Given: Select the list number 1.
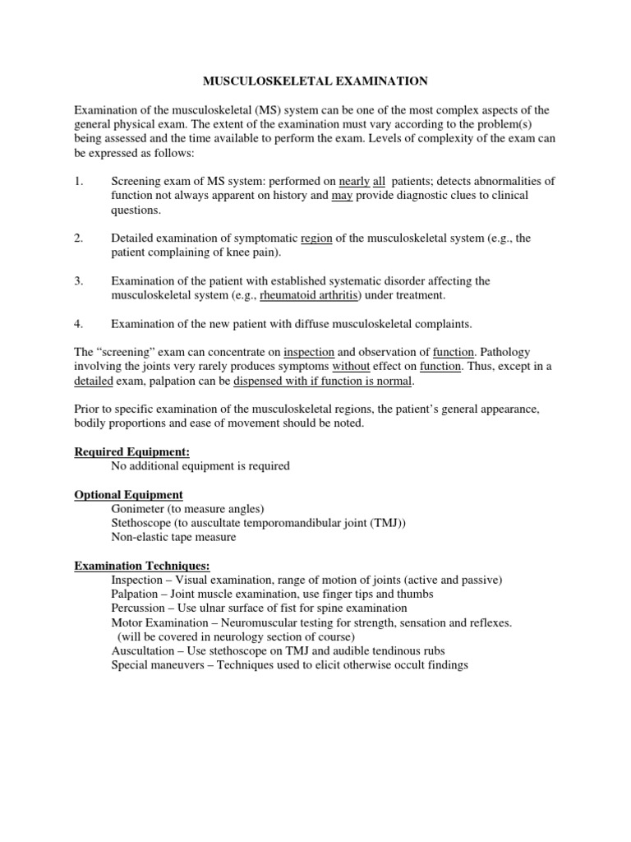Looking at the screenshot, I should click(79, 181).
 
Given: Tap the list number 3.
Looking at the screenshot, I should click(79, 280).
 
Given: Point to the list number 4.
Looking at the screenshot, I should click(79, 323).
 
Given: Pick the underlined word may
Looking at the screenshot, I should click(342, 196).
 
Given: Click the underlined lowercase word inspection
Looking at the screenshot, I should click(309, 352).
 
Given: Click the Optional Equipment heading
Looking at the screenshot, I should click(129, 494).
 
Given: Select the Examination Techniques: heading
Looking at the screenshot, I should click(142, 566).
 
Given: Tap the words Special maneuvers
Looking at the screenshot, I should click(157, 665).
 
